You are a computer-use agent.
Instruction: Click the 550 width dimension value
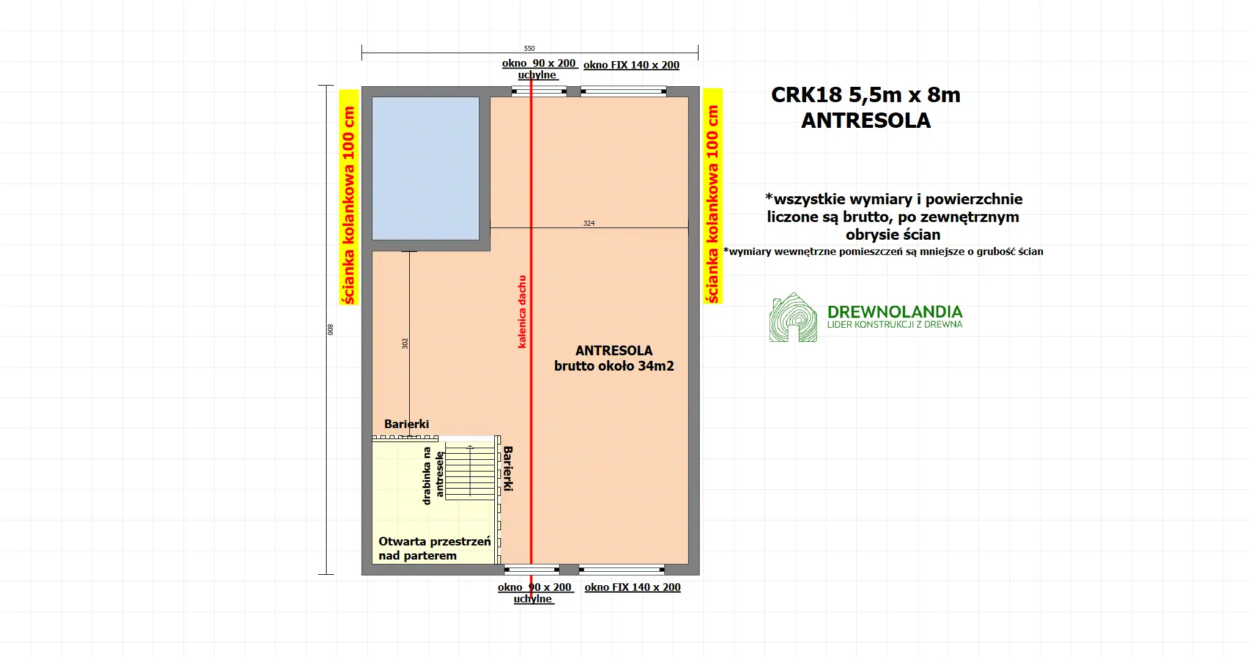(x=529, y=48)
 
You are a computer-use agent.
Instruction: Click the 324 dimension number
(x=588, y=223)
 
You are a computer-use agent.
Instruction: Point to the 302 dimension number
(x=405, y=344)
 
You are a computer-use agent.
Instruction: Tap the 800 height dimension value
(x=330, y=329)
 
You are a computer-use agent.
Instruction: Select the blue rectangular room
(x=426, y=168)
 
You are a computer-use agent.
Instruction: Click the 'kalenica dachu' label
(x=522, y=312)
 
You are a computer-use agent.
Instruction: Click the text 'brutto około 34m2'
(x=613, y=366)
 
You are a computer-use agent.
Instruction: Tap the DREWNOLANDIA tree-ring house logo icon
(x=793, y=317)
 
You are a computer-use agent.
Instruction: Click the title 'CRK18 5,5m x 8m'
(x=865, y=95)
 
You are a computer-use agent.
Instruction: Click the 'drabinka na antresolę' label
(x=432, y=476)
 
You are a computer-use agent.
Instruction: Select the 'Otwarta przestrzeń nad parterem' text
(x=434, y=549)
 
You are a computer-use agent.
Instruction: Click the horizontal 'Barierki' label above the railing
(x=406, y=424)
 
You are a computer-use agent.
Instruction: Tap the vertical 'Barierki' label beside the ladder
(x=508, y=468)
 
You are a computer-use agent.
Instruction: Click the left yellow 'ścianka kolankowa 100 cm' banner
(x=349, y=197)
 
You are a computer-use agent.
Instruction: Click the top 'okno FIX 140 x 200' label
(x=631, y=65)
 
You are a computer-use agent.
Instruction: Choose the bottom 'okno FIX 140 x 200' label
(x=632, y=587)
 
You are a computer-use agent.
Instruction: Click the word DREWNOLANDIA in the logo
(x=894, y=312)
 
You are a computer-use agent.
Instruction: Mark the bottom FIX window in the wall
(x=621, y=570)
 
